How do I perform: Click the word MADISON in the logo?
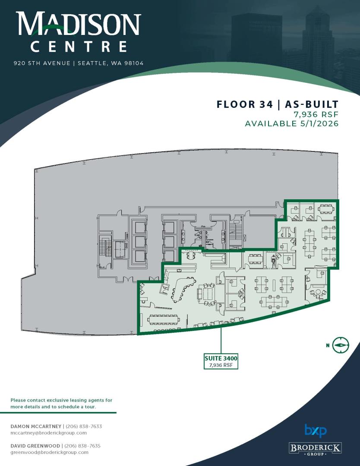pos(78,23)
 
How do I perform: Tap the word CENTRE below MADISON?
pos(79,47)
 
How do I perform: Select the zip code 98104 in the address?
pos(134,63)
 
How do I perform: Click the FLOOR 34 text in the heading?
pos(244,104)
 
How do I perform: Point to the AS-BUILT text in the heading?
pos(312,104)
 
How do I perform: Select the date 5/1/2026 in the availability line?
pos(318,123)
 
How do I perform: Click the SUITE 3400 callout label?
pos(221,361)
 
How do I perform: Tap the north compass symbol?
pos(341,345)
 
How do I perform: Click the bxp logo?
pos(316,431)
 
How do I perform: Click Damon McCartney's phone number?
pos(84,426)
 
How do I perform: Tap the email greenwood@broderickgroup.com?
pos(49,452)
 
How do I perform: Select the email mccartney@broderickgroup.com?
pos(48,433)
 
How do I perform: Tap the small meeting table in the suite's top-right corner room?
pos(326,209)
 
